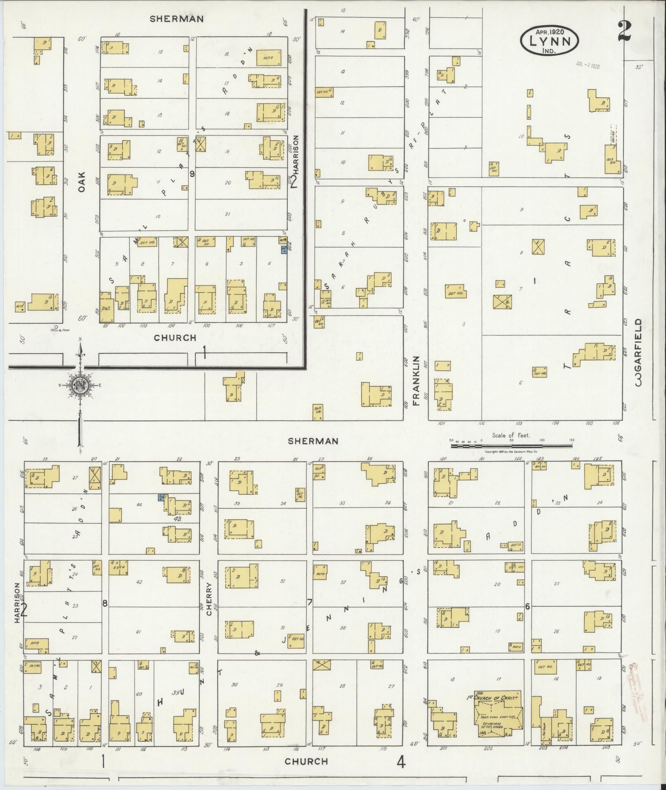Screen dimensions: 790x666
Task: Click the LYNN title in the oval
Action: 550,42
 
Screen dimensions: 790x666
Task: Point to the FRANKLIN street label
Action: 415,380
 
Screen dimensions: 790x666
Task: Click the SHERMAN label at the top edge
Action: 171,19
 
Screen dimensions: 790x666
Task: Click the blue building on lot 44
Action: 161,498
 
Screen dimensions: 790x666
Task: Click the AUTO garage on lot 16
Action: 269,58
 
